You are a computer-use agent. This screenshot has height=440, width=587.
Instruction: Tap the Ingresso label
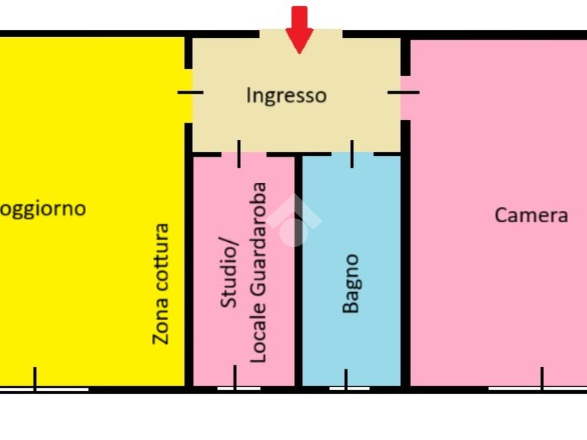pos(286,95)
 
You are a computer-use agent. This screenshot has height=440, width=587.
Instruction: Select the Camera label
pos(531,215)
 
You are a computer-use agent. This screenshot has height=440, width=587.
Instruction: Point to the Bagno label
pos(350,284)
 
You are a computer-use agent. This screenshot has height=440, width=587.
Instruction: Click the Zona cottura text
pos(161,284)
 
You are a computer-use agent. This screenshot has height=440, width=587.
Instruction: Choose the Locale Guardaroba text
pos(259,272)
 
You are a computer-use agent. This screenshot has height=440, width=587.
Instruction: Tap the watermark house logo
pos(294,221)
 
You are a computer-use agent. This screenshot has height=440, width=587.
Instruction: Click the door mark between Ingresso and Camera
pos(404,92)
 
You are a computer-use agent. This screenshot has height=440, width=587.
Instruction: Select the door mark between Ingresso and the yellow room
pos(190,92)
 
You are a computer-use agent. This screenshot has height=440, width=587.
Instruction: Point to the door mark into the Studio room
pos(239,154)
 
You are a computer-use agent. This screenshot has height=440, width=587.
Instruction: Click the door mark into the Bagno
pos(352,154)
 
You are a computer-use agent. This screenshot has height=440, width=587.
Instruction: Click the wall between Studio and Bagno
pos(298,269)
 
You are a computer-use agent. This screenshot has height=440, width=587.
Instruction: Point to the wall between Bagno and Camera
pos(405,269)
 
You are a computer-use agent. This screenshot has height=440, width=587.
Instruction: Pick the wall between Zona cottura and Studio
pos(188,269)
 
